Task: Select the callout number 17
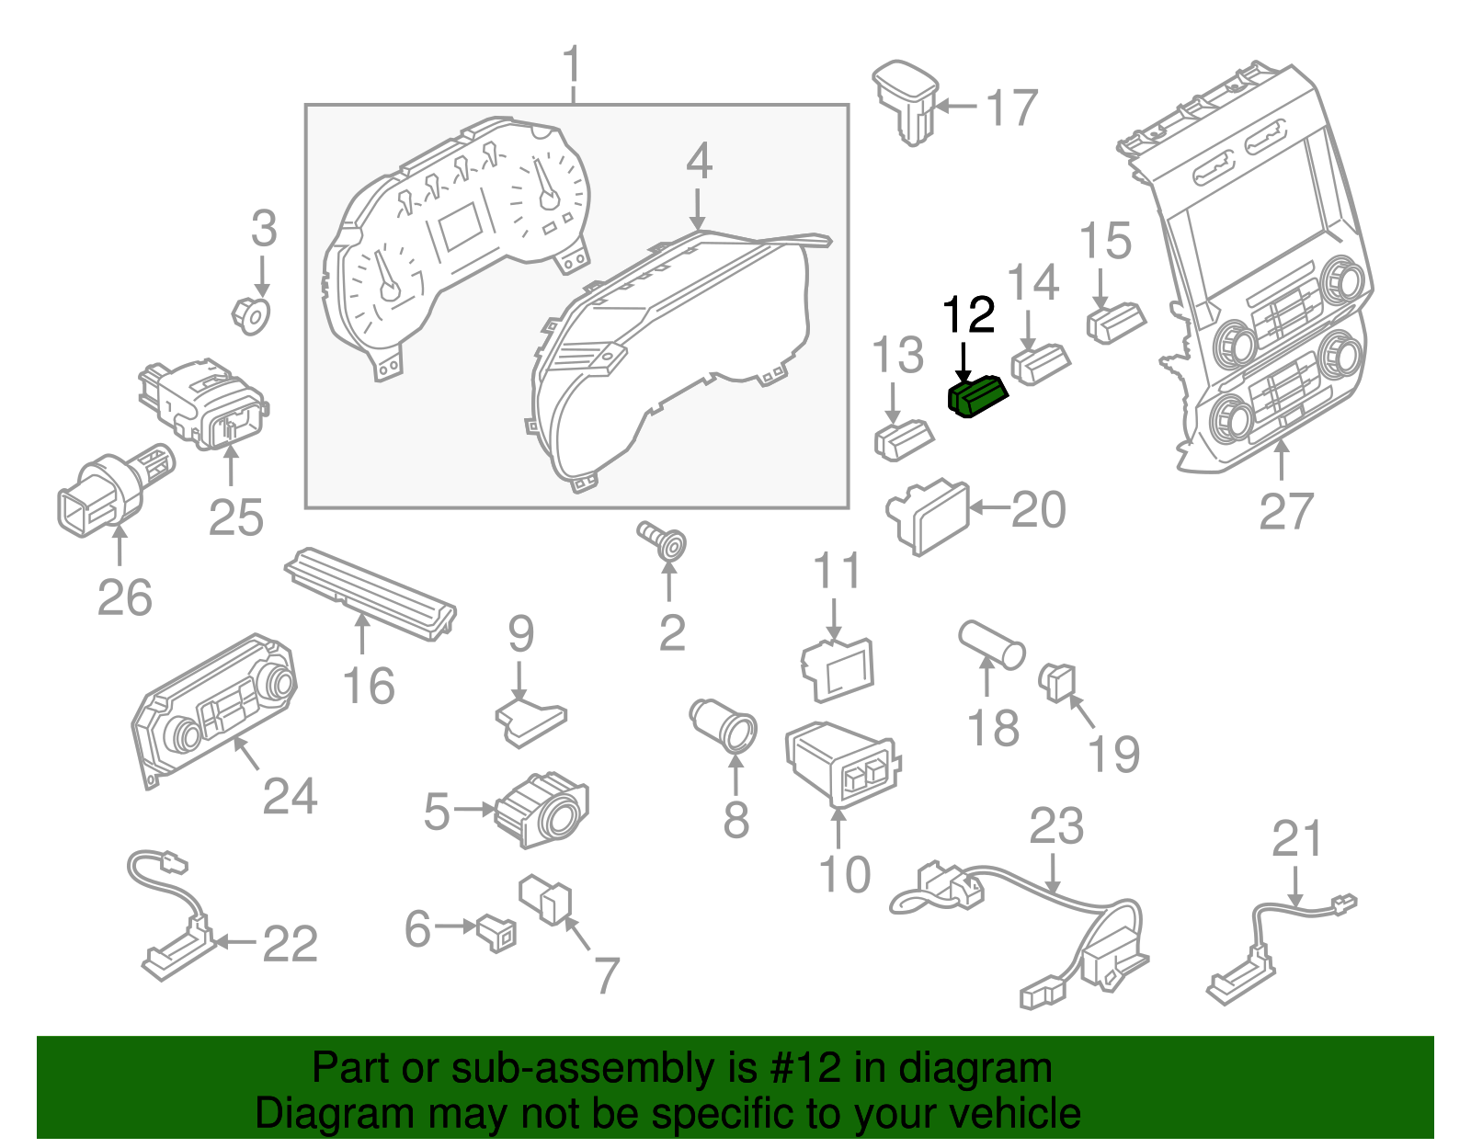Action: tap(1012, 108)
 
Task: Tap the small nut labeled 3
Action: tap(250, 314)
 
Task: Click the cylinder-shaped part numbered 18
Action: tap(991, 644)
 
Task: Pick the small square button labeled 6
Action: tap(496, 932)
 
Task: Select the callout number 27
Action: tap(1286, 511)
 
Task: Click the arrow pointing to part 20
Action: tap(989, 507)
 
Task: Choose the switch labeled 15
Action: tap(1115, 321)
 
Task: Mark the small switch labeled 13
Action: tap(903, 438)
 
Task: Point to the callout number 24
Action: tap(290, 796)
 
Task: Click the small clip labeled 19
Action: tap(1057, 681)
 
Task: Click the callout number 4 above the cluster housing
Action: tap(699, 162)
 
